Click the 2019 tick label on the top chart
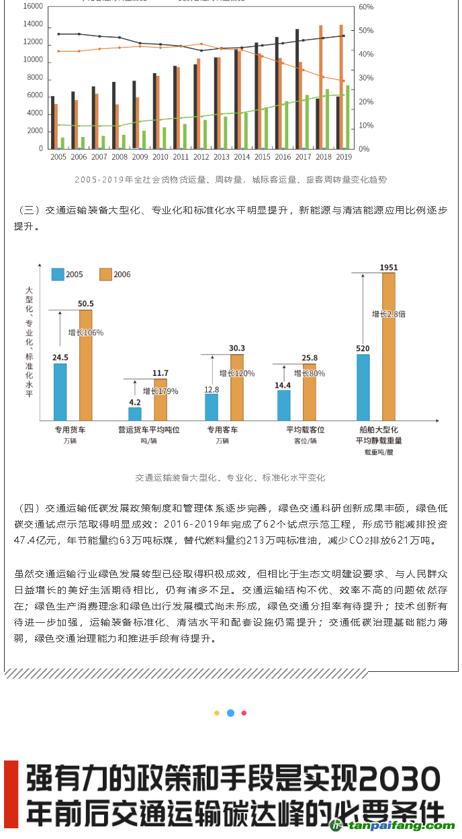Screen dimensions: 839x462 pyautogui.click(x=344, y=156)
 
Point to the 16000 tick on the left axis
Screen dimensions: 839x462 pyautogui.click(x=33, y=7)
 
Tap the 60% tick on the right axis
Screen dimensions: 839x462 pyautogui.click(x=366, y=7)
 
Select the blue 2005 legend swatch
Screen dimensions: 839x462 pyautogui.click(x=58, y=274)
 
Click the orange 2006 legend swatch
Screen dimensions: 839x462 pyautogui.click(x=105, y=274)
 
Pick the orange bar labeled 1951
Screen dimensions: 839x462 pyautogui.click(x=388, y=346)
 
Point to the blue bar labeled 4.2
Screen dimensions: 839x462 pyautogui.click(x=135, y=413)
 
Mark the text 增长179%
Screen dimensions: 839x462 pyautogui.click(x=160, y=391)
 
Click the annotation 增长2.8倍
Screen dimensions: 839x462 pyautogui.click(x=389, y=313)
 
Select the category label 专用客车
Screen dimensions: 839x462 pyautogui.click(x=222, y=430)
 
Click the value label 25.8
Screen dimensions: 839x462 pyautogui.click(x=310, y=358)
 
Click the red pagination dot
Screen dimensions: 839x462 pyautogui.click(x=244, y=713)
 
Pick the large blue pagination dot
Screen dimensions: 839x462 pyautogui.click(x=230, y=713)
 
